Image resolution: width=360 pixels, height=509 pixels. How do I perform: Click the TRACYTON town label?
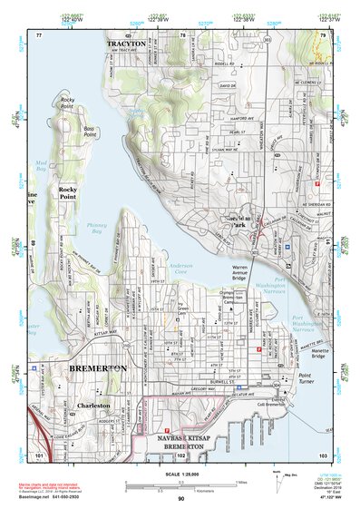(126, 44)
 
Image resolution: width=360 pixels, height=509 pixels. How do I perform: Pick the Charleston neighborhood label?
(93, 406)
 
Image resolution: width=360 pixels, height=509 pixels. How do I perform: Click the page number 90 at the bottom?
(180, 499)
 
